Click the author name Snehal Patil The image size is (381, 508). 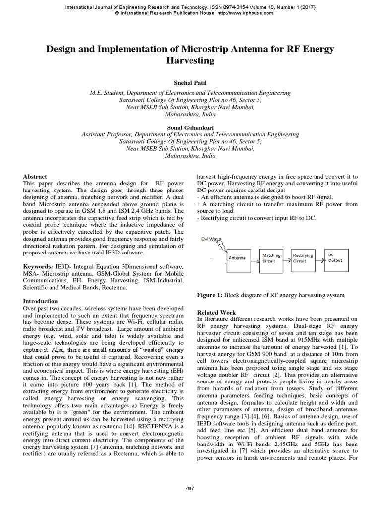tap(190, 83)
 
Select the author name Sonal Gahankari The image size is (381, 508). tap(190, 127)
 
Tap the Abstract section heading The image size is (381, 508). tap(35, 176)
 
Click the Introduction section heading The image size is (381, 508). tap(41, 301)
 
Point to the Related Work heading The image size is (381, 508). tap(217, 312)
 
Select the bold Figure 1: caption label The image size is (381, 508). tap(210, 295)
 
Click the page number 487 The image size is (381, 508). tap(190, 489)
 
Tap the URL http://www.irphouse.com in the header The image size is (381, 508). tap(245, 13)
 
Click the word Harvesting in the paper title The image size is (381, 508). tap(190, 61)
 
